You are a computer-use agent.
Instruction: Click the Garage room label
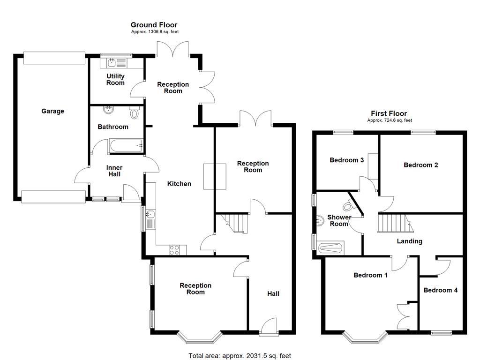[52, 111]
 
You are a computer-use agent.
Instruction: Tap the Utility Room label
[115, 79]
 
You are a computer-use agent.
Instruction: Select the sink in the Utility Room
[112, 63]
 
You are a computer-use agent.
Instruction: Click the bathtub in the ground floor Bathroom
[126, 146]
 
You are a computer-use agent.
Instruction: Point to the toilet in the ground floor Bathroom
[135, 112]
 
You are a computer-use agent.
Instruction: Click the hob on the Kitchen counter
[174, 250]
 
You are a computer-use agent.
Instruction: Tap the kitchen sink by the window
[150, 215]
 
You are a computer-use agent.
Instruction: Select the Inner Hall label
[114, 171]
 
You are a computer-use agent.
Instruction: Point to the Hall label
[273, 293]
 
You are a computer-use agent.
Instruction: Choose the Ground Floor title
[154, 25]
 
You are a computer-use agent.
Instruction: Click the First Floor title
[389, 113]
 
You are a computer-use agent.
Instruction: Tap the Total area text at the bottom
[240, 356]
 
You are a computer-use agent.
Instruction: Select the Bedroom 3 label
[347, 160]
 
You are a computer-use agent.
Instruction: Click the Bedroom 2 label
[420, 165]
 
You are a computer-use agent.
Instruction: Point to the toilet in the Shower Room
[348, 205]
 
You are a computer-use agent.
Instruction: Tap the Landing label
[409, 241]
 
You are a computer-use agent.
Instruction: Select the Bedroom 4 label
[440, 290]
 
